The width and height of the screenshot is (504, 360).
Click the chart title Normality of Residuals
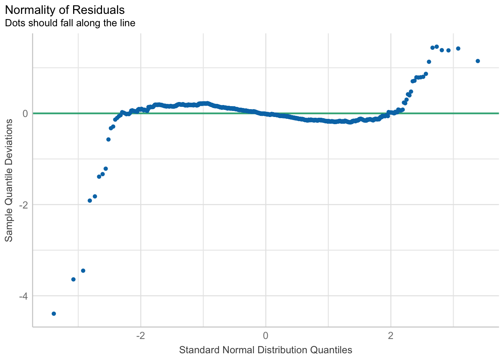[65, 9]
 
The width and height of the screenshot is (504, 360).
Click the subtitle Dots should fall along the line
[70, 23]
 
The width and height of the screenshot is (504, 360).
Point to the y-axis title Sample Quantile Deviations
[9, 180]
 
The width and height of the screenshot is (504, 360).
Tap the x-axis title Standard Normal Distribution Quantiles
[265, 350]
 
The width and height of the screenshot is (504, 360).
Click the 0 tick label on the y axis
[25, 113]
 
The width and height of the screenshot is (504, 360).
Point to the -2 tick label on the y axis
[23, 205]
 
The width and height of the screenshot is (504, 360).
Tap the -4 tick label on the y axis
[23, 296]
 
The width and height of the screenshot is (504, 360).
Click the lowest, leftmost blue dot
[54, 313]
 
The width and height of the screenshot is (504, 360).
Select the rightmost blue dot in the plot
[477, 61]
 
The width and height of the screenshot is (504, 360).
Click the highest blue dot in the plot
[436, 46]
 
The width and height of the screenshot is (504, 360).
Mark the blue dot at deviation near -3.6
[73, 279]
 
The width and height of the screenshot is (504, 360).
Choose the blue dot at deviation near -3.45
[83, 271]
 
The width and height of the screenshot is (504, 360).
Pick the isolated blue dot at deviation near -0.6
[108, 139]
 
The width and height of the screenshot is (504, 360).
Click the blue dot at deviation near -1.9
[90, 201]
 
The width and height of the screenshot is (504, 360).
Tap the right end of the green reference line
[498, 113]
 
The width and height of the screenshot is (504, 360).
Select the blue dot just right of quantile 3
[458, 48]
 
